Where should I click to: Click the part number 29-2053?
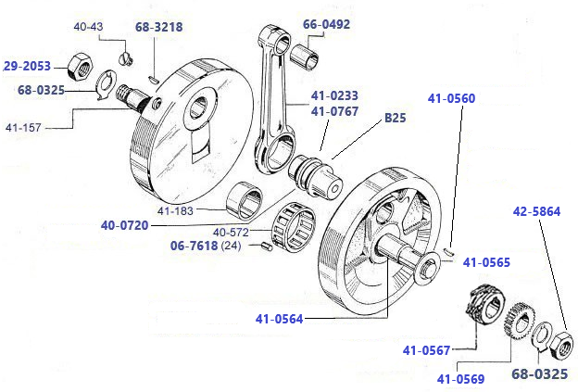(x=27, y=66)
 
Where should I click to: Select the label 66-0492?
(x=326, y=24)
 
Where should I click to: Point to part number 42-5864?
(x=536, y=211)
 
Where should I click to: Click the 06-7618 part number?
(x=195, y=247)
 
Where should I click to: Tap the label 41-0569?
(x=463, y=378)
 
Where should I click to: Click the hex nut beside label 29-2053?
(x=77, y=67)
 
